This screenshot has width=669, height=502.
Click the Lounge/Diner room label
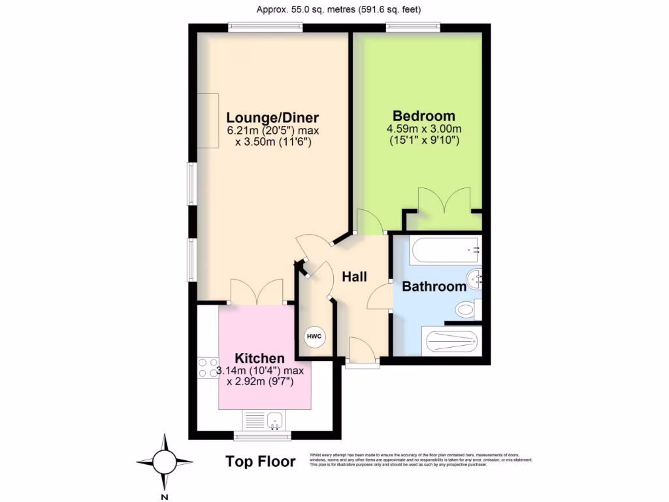point(272,118)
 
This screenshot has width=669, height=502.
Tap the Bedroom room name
point(423,116)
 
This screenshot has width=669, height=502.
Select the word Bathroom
point(434,286)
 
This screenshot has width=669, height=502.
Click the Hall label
point(354,276)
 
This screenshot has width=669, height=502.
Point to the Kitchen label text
point(259,358)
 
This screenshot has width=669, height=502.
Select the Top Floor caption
point(260,461)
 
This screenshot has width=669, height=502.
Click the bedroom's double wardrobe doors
point(444,200)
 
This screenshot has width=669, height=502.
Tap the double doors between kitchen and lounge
point(257,292)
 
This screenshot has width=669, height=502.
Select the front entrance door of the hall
point(362,352)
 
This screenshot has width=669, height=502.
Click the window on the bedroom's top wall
point(412,27)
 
